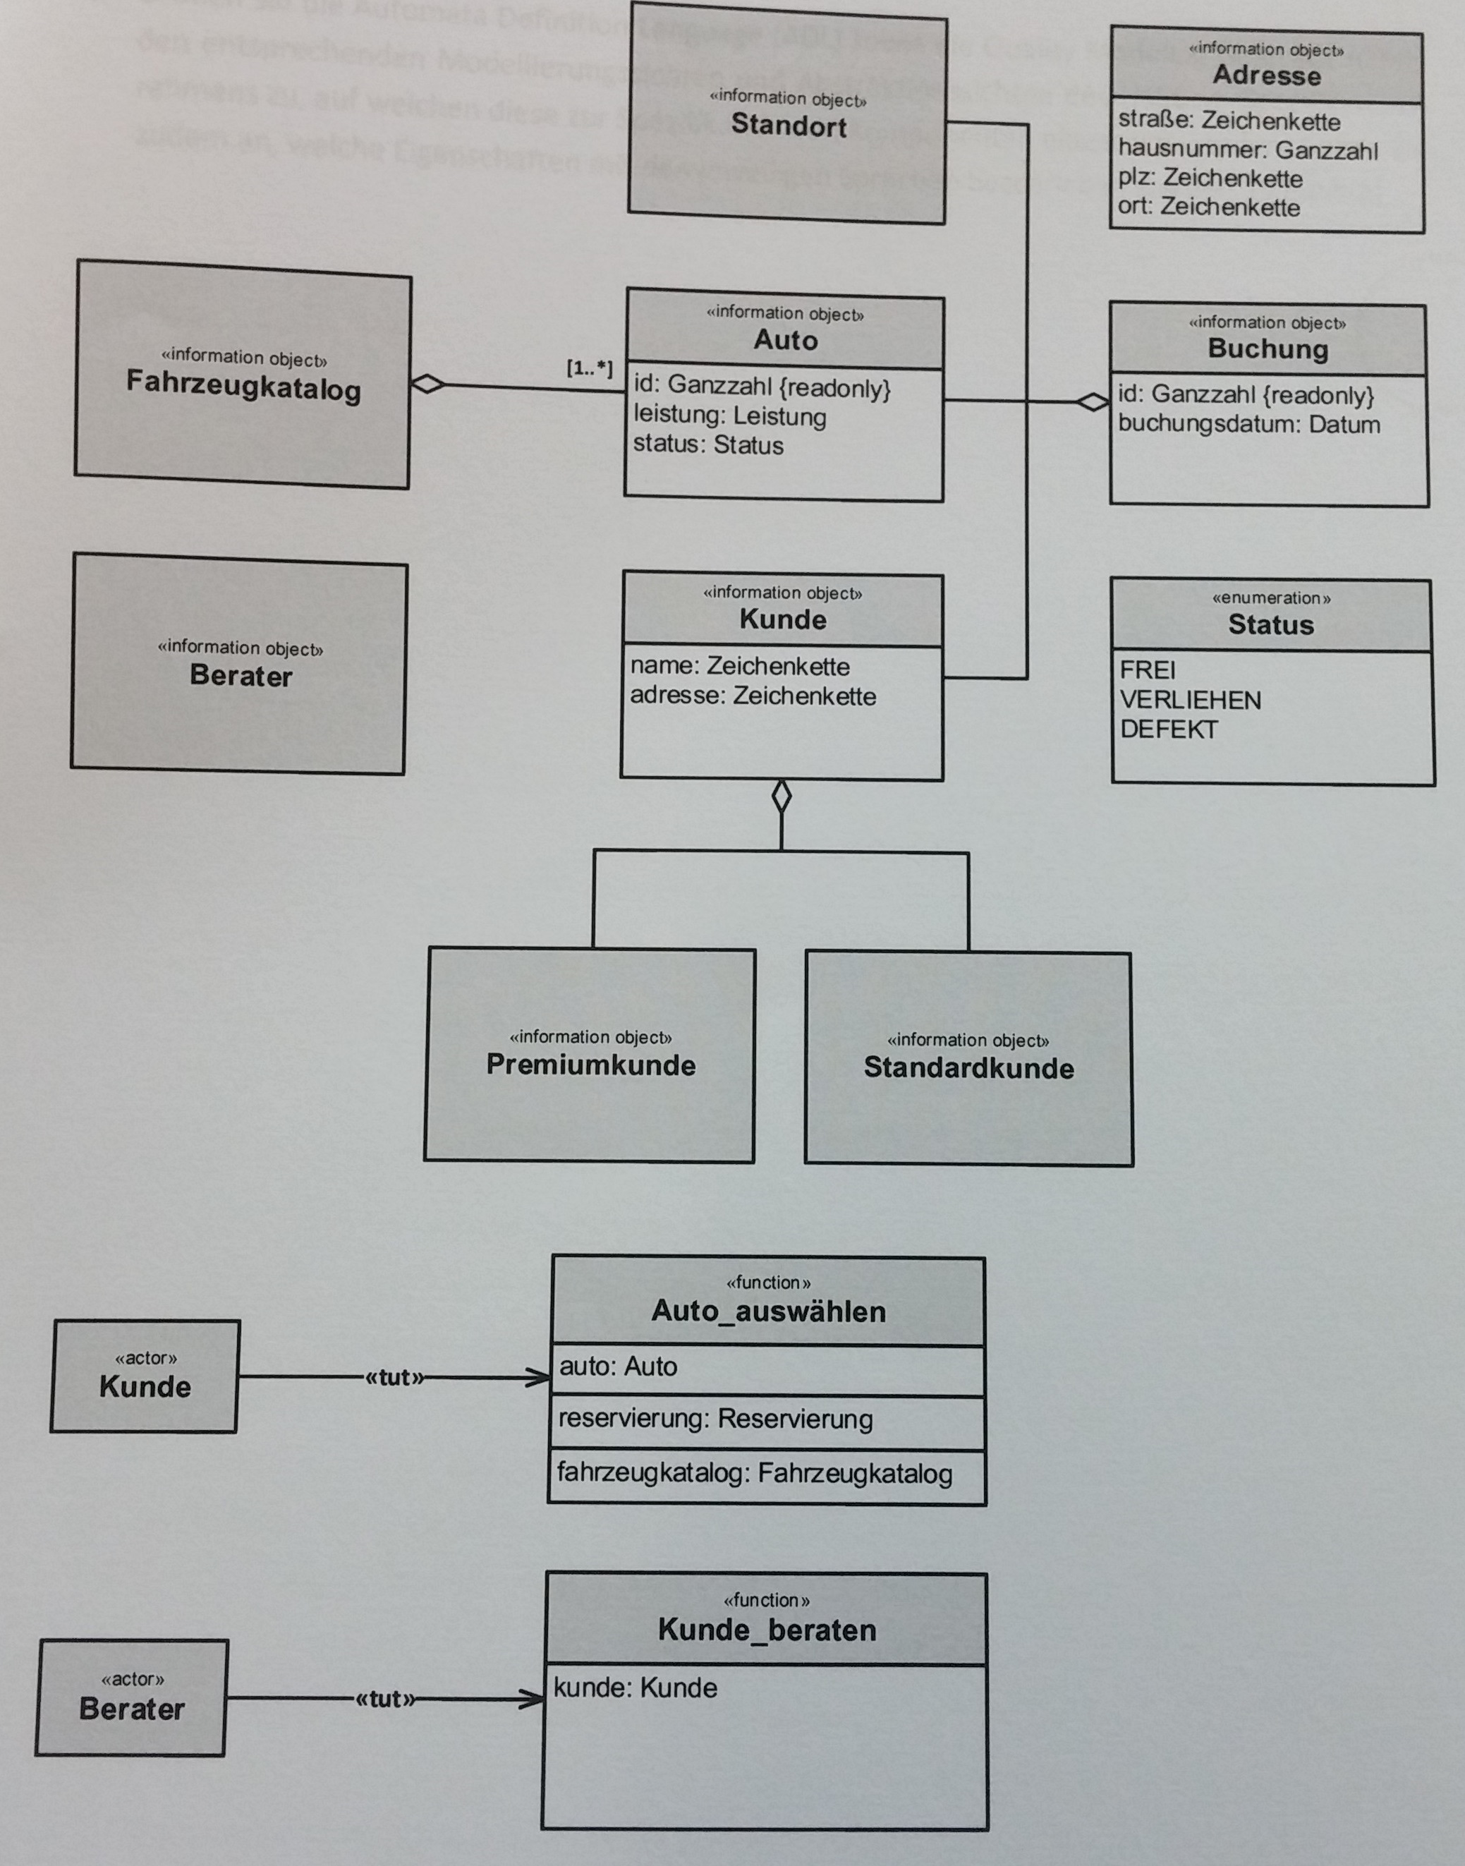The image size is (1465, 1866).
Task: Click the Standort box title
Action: coord(789,126)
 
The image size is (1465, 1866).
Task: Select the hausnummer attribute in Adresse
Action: coord(1247,150)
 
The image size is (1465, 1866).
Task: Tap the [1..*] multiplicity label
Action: coord(589,368)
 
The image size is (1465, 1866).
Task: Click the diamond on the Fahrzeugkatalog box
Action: coord(427,384)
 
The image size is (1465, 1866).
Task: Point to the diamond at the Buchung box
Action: coord(1093,401)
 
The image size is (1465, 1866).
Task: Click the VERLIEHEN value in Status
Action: coord(1190,700)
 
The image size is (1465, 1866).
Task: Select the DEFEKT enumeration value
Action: coord(1168,730)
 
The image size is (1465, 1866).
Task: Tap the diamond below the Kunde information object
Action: coord(782,796)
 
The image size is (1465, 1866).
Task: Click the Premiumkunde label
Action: coord(591,1065)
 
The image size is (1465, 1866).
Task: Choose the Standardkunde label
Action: coord(968,1068)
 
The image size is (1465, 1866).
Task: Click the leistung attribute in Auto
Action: coord(729,416)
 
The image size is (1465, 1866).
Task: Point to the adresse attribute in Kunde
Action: coord(752,696)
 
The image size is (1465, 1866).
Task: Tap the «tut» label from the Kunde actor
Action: coord(394,1378)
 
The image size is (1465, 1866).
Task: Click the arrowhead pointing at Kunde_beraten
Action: coord(533,1699)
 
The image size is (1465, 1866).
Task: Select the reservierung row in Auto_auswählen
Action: coord(715,1419)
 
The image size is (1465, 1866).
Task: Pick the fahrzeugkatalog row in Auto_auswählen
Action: coord(754,1473)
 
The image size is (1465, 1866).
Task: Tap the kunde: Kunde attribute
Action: coord(635,1688)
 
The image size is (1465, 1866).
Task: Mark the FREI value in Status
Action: coord(1147,670)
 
